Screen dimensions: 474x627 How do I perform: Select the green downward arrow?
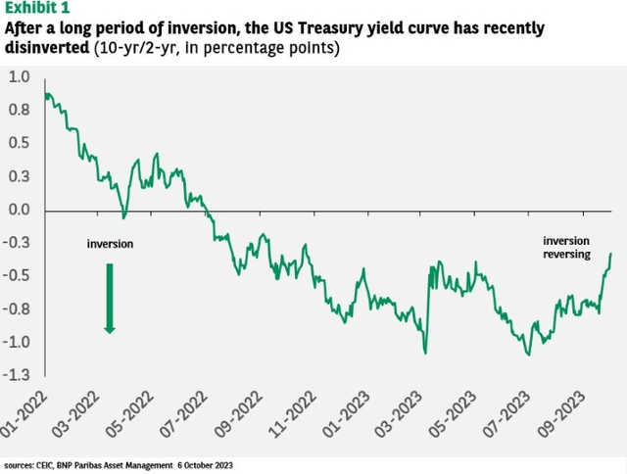(x=110, y=299)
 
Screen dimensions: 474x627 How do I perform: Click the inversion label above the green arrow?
(x=110, y=244)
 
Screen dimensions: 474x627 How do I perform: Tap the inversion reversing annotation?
(x=567, y=247)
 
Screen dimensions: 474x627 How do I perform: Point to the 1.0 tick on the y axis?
(x=20, y=76)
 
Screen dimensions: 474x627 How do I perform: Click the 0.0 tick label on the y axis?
(x=20, y=210)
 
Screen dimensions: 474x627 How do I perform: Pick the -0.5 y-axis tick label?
(x=18, y=275)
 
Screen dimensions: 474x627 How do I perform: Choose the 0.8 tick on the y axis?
(x=20, y=110)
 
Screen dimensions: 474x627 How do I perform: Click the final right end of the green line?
(x=611, y=254)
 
